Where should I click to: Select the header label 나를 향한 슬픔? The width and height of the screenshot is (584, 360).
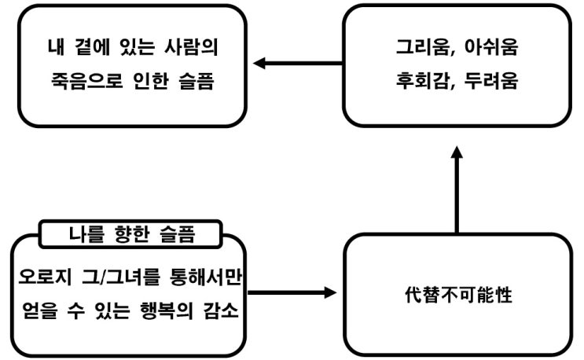point(130,233)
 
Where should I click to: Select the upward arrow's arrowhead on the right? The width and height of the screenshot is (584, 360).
point(457,154)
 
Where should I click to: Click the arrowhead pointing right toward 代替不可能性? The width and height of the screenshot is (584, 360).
point(329,292)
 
